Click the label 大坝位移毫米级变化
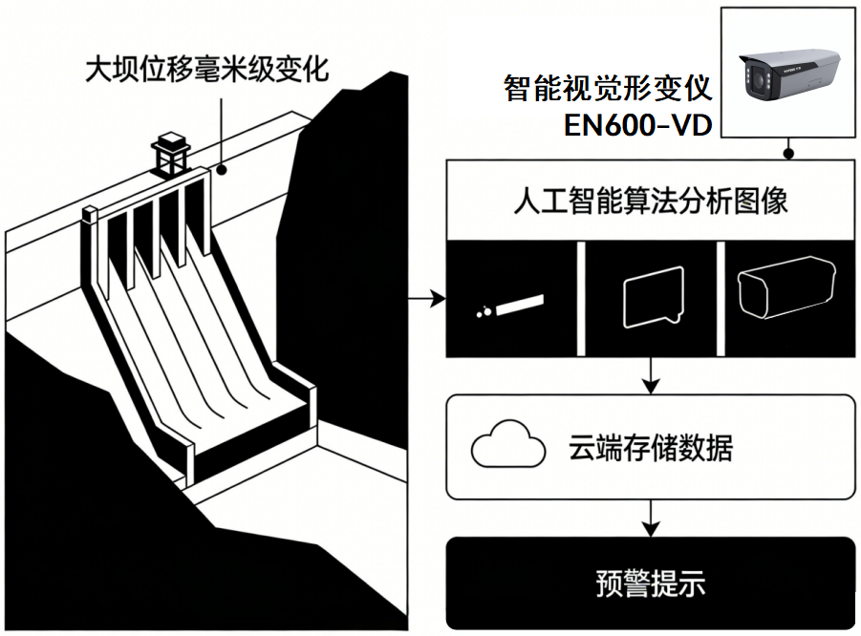pyautogui.click(x=207, y=70)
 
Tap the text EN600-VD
pyautogui.click(x=637, y=125)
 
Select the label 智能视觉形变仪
pyautogui.click(x=608, y=89)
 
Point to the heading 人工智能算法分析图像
pyautogui.click(x=650, y=201)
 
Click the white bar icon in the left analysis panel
pyautogui.click(x=520, y=306)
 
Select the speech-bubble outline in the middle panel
pyautogui.click(x=654, y=297)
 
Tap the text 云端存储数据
pyautogui.click(x=650, y=447)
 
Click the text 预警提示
pyautogui.click(x=650, y=583)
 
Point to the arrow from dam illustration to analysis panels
pyautogui.click(x=426, y=299)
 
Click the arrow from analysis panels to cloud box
pyautogui.click(x=651, y=376)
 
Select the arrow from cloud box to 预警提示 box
pyautogui.click(x=651, y=518)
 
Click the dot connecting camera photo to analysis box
pyautogui.click(x=788, y=154)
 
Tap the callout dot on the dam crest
pyautogui.click(x=222, y=170)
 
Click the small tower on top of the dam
pyautogui.click(x=171, y=154)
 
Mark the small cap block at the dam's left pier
pyautogui.click(x=90, y=214)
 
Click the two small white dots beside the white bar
pyautogui.click(x=484, y=311)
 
